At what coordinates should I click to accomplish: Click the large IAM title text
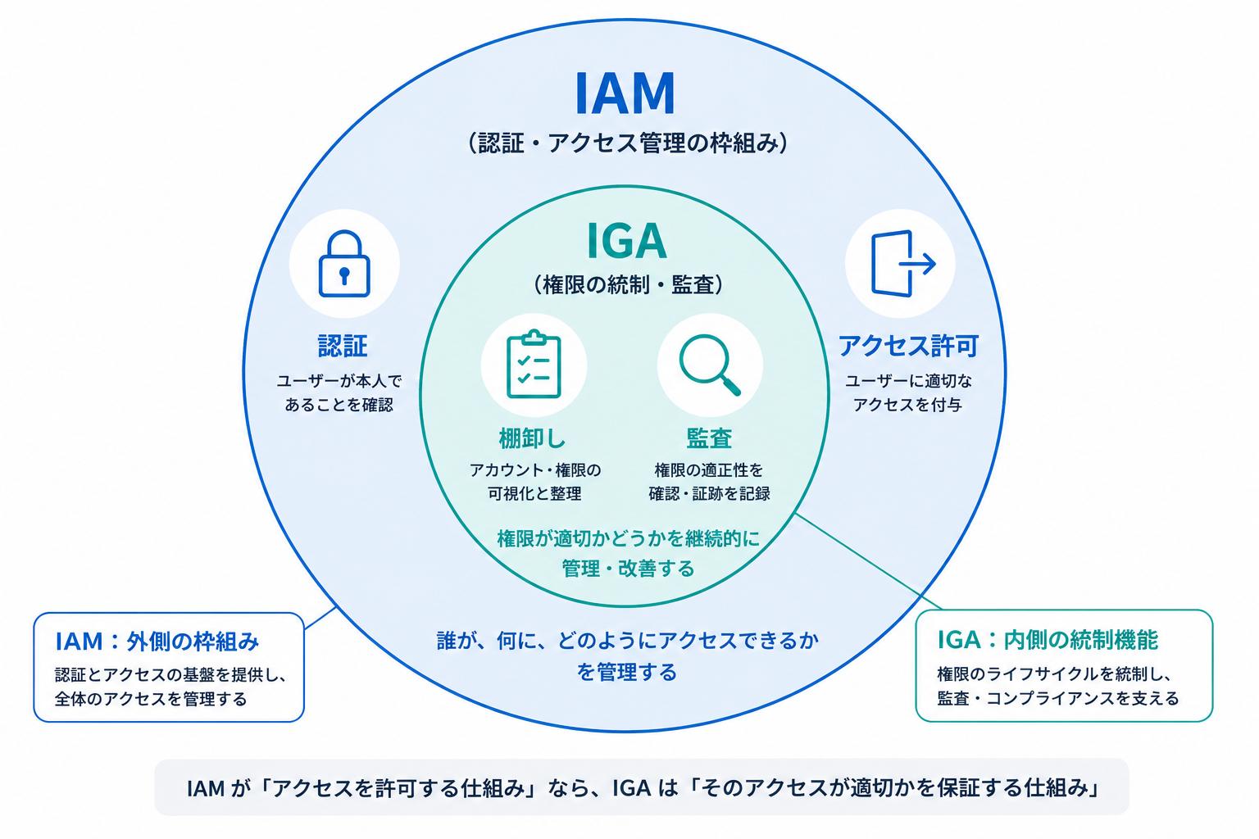(625, 93)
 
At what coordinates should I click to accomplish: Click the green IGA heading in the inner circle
(627, 241)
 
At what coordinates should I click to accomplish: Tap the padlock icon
(344, 263)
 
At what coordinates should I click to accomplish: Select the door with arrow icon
(902, 263)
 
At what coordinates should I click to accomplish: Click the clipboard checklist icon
(534, 364)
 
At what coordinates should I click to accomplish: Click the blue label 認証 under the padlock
(343, 346)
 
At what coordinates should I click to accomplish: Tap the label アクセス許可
(908, 346)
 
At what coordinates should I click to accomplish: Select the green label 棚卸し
(532, 438)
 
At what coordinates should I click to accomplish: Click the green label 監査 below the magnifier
(709, 438)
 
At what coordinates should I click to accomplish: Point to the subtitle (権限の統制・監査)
(628, 284)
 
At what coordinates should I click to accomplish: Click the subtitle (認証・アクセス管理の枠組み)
(627, 143)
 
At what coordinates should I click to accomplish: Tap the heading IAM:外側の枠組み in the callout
(157, 642)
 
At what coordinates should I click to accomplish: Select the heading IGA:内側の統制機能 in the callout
(1048, 640)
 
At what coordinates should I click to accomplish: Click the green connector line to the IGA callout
(869, 560)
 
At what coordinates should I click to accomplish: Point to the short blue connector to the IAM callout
(320, 618)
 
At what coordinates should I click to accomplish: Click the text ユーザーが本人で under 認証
(339, 381)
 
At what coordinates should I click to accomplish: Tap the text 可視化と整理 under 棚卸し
(534, 493)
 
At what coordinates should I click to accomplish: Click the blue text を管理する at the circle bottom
(627, 672)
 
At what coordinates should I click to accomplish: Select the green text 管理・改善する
(628, 569)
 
